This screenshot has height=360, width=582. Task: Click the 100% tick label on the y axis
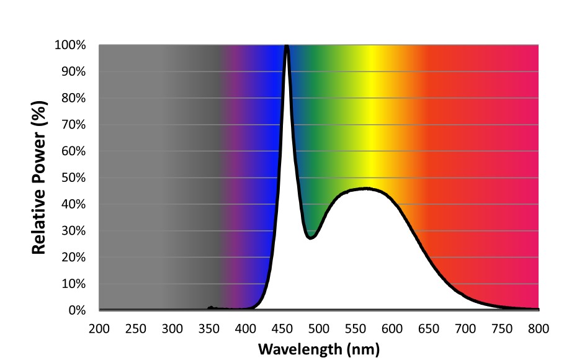click(x=73, y=45)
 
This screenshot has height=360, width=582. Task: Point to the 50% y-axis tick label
click(x=76, y=178)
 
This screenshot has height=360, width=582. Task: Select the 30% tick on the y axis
click(x=76, y=231)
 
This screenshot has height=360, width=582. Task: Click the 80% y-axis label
click(x=76, y=99)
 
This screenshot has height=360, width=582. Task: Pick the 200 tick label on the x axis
click(x=99, y=328)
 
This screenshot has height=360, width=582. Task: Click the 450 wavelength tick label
click(x=282, y=328)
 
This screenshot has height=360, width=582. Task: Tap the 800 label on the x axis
click(x=539, y=328)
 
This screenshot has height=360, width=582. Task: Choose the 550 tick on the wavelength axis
click(x=356, y=328)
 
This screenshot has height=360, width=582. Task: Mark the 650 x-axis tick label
click(x=429, y=328)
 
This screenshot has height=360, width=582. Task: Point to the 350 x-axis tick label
click(x=209, y=328)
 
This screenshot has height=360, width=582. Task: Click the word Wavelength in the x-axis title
click(x=297, y=348)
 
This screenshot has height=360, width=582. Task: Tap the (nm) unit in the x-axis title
click(x=360, y=348)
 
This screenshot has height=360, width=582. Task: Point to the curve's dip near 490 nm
click(x=311, y=237)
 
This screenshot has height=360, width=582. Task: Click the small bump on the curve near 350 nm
click(x=210, y=307)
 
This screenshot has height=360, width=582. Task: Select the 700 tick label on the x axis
click(x=465, y=328)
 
